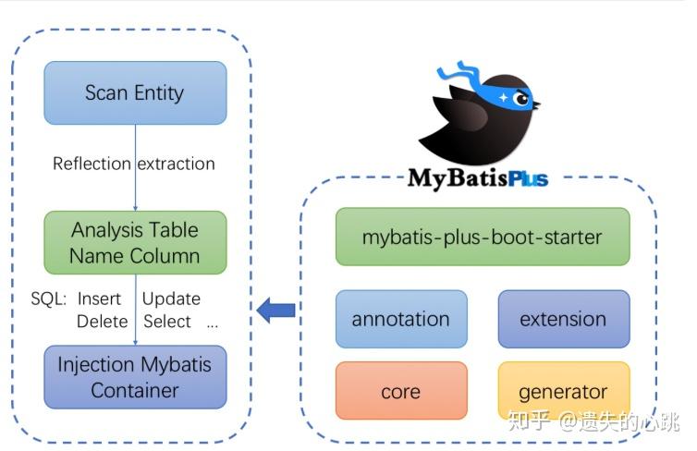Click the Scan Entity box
[134, 92]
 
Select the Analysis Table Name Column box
[135, 242]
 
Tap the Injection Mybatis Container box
[135, 376]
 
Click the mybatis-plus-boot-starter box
[482, 237]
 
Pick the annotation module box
[401, 320]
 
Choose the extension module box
[563, 320]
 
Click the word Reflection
[92, 165]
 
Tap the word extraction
[177, 165]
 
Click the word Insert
[99, 299]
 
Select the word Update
[171, 299]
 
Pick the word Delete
[102, 322]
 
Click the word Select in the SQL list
[167, 322]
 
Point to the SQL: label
[48, 299]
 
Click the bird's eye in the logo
[522, 98]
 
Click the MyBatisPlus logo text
[477, 177]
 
